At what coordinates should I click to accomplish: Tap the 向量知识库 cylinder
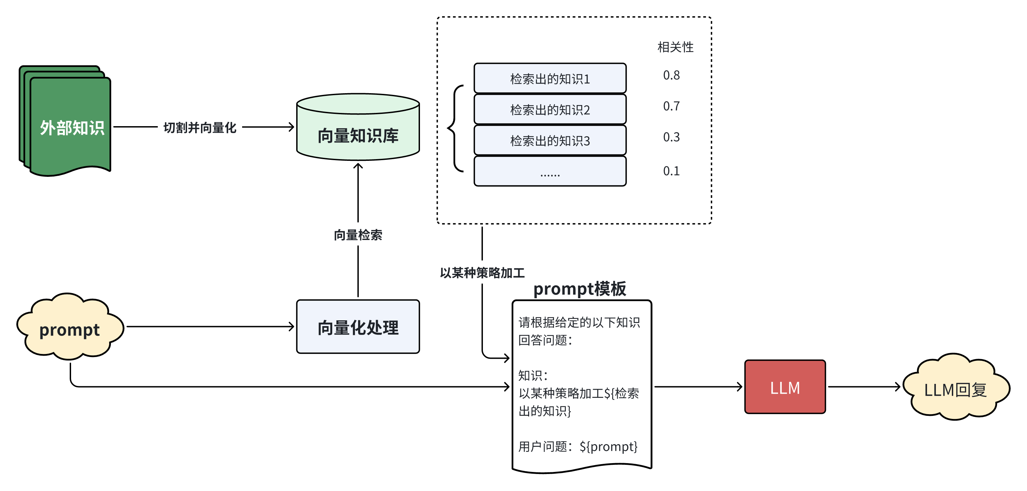click(x=358, y=132)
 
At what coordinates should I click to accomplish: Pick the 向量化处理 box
click(x=358, y=327)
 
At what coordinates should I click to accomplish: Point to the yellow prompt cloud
click(x=70, y=329)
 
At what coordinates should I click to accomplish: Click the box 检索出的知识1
click(x=550, y=79)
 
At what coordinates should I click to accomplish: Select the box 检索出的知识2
click(x=550, y=109)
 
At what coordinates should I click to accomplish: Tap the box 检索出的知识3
click(x=550, y=141)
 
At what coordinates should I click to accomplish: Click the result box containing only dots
click(x=550, y=172)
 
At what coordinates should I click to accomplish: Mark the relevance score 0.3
click(x=671, y=137)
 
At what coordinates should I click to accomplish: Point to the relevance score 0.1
click(x=671, y=171)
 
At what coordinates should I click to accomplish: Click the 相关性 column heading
click(x=675, y=47)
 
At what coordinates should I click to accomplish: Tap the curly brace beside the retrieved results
click(x=454, y=128)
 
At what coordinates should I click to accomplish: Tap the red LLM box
click(x=785, y=387)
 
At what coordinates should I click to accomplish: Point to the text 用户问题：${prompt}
click(x=578, y=446)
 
